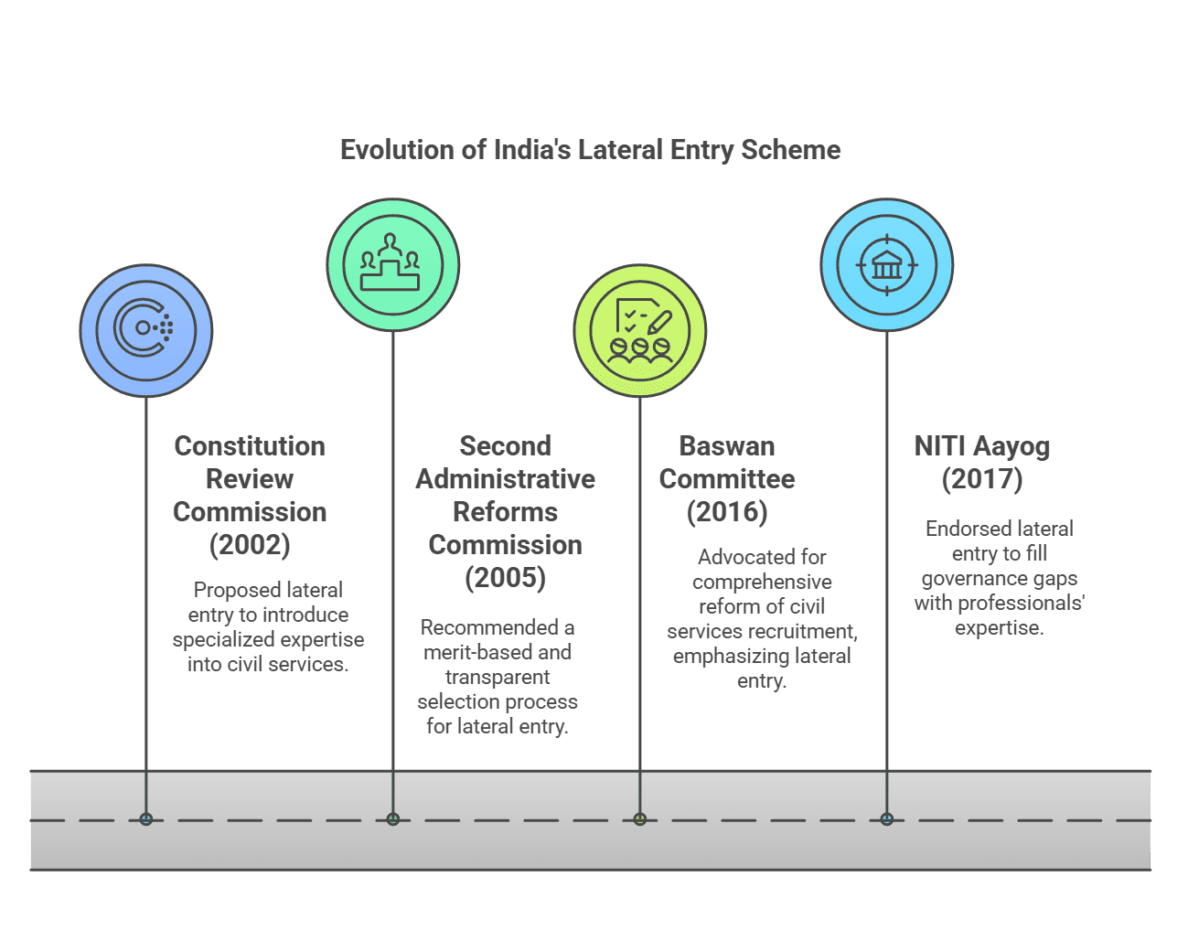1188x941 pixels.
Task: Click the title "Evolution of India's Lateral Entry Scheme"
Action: [x=590, y=150]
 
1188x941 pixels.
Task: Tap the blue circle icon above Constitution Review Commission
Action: [x=146, y=330]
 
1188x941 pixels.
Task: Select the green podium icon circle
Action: [x=393, y=265]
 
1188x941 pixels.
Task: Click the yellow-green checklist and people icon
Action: [x=640, y=330]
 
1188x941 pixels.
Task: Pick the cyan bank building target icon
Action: [x=886, y=265]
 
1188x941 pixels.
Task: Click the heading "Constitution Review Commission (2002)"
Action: [x=250, y=495]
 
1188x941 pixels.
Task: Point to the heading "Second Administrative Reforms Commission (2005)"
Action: [x=505, y=511]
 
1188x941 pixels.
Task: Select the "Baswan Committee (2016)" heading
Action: [x=727, y=478]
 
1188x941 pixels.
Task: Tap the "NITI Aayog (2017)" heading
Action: [x=982, y=462]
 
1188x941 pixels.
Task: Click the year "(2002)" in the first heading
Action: [x=250, y=545]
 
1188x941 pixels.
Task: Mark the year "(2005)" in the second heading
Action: [x=505, y=578]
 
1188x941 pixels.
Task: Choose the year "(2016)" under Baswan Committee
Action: [x=727, y=512]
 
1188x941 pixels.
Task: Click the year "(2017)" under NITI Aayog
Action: [x=982, y=479]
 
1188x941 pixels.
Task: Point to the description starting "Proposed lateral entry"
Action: [x=268, y=627]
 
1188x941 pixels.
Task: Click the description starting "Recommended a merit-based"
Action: [x=498, y=677]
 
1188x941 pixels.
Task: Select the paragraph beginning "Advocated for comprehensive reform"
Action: [x=762, y=619]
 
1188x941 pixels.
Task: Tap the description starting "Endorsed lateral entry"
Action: [x=999, y=578]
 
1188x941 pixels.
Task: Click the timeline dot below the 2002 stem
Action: [x=146, y=818]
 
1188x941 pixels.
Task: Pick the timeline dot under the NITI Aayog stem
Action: [x=886, y=818]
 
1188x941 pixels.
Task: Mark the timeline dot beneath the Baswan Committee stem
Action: [x=640, y=818]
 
